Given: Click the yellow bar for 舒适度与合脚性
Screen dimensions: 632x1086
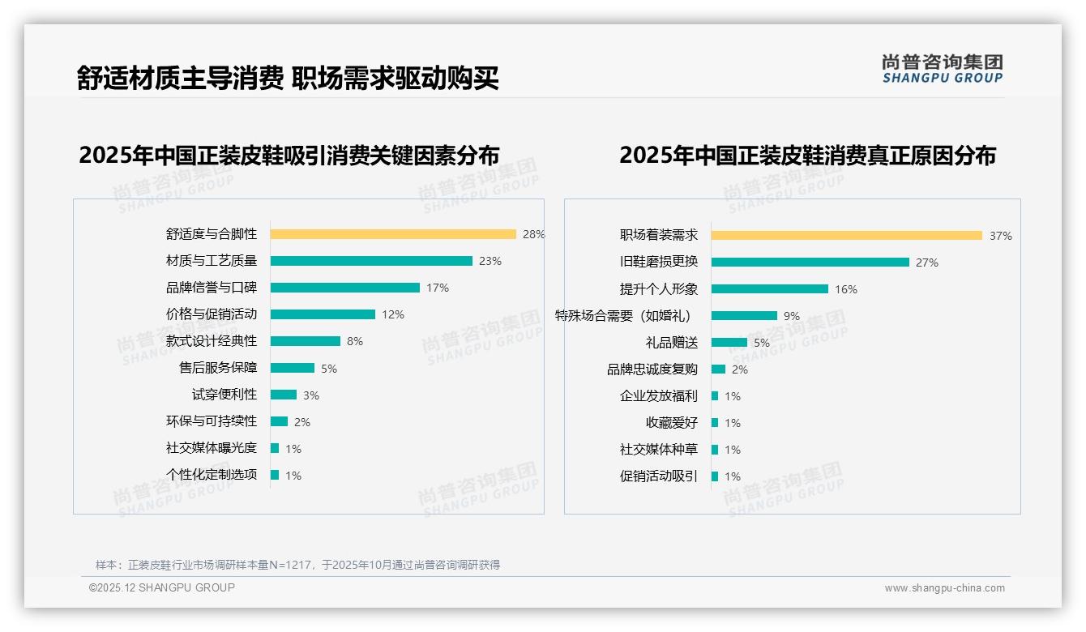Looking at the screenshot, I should (393, 234).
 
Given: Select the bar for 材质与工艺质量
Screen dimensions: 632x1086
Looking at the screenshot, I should (371, 261).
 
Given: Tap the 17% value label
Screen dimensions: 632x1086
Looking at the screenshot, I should (438, 288).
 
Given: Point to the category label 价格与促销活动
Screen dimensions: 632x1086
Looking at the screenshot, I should (212, 314).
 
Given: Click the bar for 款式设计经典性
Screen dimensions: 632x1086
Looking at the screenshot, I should (306, 341).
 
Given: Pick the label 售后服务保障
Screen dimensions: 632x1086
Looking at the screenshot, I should (218, 368).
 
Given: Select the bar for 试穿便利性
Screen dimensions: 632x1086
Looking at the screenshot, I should (284, 395).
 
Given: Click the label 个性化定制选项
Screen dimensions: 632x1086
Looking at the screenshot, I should (212, 475).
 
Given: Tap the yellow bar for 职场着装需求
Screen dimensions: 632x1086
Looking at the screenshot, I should (847, 236).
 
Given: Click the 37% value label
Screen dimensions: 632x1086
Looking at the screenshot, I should (1000, 236).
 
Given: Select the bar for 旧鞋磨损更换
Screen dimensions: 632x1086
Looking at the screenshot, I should (810, 263).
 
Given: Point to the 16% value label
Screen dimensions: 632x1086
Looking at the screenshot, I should (846, 289).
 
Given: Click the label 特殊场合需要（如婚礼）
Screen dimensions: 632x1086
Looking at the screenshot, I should (623, 316).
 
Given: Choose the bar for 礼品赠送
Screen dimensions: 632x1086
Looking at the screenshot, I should (729, 343).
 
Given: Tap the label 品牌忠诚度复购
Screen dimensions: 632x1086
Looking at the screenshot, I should (652, 369).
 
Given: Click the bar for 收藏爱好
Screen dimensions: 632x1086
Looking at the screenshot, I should (715, 423).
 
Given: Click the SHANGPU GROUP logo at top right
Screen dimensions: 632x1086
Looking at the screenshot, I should (943, 68).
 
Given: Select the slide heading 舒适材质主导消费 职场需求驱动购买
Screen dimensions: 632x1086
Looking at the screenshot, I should (288, 78).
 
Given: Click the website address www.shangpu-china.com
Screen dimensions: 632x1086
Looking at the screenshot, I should (944, 588).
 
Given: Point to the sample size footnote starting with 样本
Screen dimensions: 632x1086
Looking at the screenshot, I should (297, 565).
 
